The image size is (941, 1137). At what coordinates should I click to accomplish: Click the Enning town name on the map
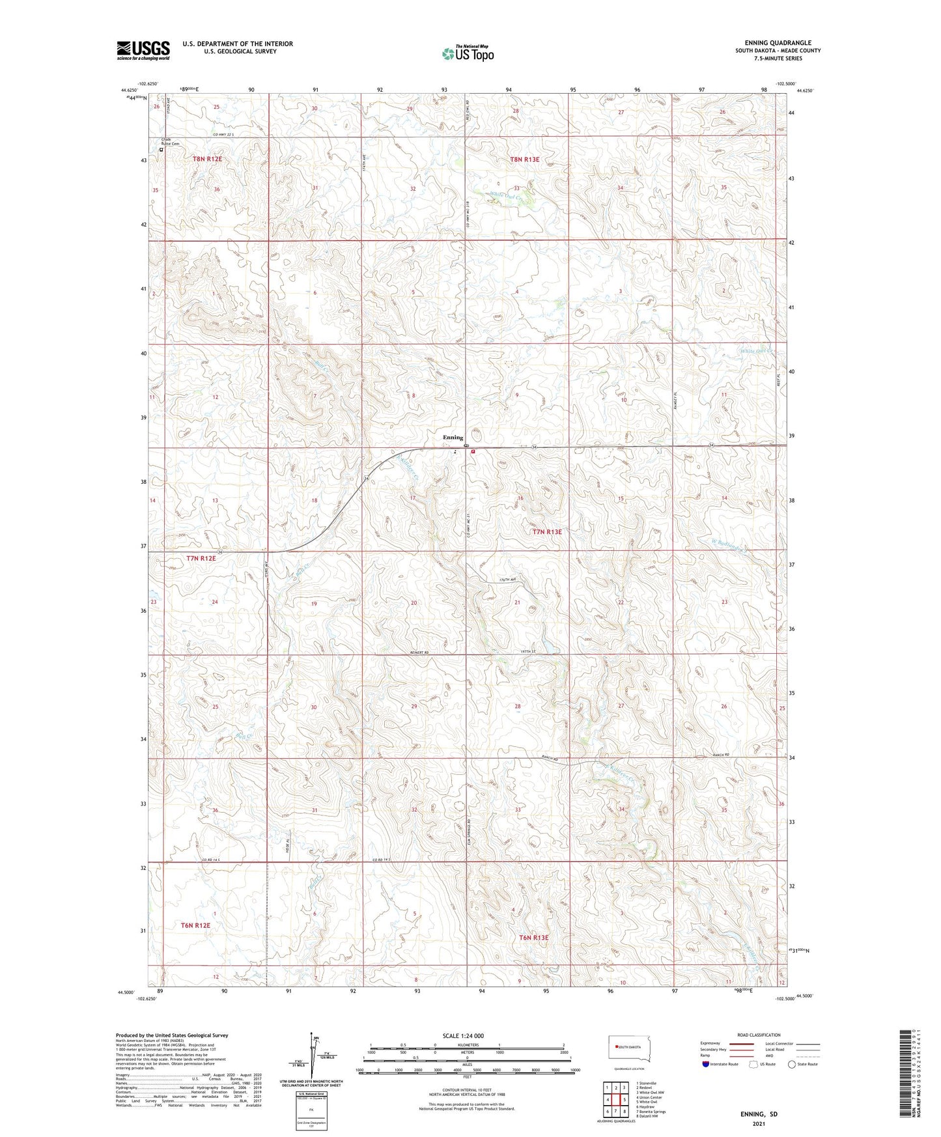click(x=453, y=438)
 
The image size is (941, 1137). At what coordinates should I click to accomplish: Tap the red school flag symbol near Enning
click(x=473, y=451)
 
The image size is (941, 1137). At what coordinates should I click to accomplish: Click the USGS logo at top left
click(x=143, y=50)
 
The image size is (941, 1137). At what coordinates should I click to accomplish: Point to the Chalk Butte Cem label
click(x=171, y=143)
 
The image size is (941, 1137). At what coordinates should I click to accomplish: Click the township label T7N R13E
click(x=546, y=532)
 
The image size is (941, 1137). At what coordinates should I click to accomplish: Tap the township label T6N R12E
click(x=195, y=925)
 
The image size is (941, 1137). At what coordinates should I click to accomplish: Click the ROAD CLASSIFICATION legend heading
click(x=758, y=1035)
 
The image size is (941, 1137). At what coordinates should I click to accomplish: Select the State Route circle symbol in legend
click(x=792, y=1065)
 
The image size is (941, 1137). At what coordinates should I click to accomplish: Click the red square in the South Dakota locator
click(x=616, y=1047)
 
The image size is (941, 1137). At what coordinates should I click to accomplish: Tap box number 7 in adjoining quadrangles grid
click(x=616, y=1112)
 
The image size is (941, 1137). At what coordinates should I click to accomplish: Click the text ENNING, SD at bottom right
click(x=759, y=1114)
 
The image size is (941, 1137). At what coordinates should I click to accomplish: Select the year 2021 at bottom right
click(x=759, y=1124)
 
